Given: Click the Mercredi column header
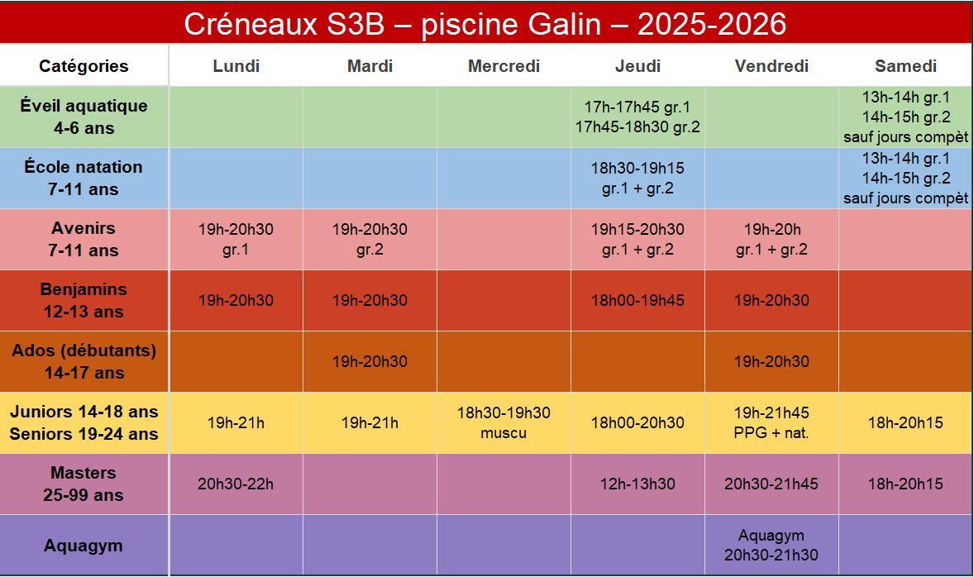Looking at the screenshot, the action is pos(504,66).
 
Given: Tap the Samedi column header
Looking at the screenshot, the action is pos(905,66).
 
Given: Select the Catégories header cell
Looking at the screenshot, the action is pos(84,66).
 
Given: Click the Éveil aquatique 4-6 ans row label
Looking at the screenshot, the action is pos(84,117).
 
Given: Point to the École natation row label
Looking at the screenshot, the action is pos(84,179).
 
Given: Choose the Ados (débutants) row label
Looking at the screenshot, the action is pos(84,361).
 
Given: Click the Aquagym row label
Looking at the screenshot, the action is pos(84,546).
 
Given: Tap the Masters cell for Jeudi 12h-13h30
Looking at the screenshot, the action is pos(638,484).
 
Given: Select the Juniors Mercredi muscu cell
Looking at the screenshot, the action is pos(504,423).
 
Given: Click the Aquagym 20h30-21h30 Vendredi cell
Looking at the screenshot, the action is pos(771,546).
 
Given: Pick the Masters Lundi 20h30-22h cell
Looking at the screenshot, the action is pos(236,484).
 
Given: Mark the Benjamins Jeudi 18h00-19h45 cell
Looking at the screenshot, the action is pos(638,301).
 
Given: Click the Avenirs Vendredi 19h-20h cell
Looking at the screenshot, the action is pos(771,239).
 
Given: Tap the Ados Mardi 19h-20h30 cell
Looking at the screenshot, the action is pos(370,361).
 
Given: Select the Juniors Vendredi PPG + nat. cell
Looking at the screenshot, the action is pos(771,423).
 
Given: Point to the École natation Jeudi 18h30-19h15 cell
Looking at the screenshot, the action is pos(638,179).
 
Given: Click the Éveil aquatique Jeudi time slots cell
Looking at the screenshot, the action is pos(638,117).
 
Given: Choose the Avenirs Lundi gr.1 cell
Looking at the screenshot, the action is pos(236,239).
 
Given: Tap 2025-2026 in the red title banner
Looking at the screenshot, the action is pos(712,24).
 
